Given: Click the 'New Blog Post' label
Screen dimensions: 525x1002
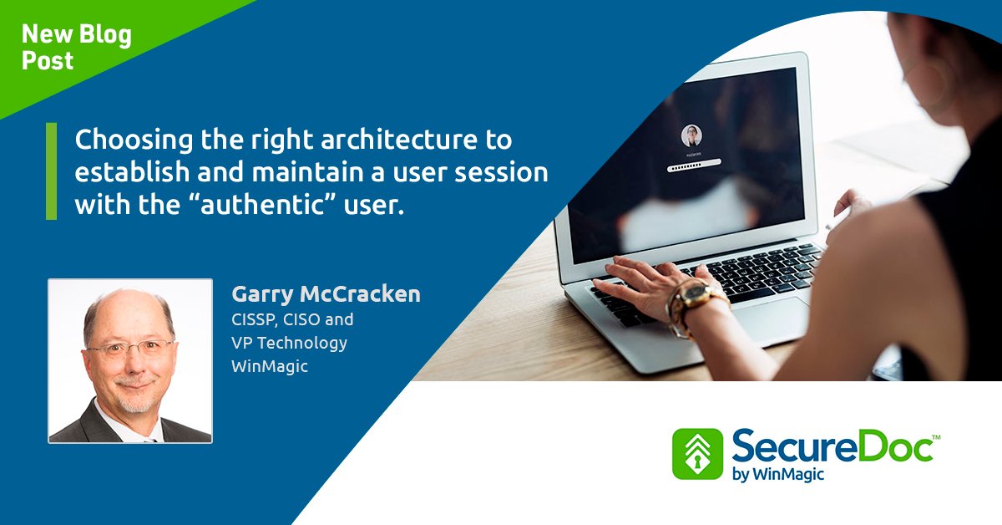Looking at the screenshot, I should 76,47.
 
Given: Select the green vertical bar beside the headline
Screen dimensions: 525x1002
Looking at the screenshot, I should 52,171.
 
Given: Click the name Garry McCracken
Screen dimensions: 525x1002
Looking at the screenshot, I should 326,294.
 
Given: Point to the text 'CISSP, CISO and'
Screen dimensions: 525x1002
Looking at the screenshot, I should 292,319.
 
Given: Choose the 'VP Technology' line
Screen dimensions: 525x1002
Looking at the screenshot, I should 289,343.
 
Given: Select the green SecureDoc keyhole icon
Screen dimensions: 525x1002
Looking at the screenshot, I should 696,454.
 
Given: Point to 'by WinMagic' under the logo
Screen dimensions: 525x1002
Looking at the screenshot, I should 772,477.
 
